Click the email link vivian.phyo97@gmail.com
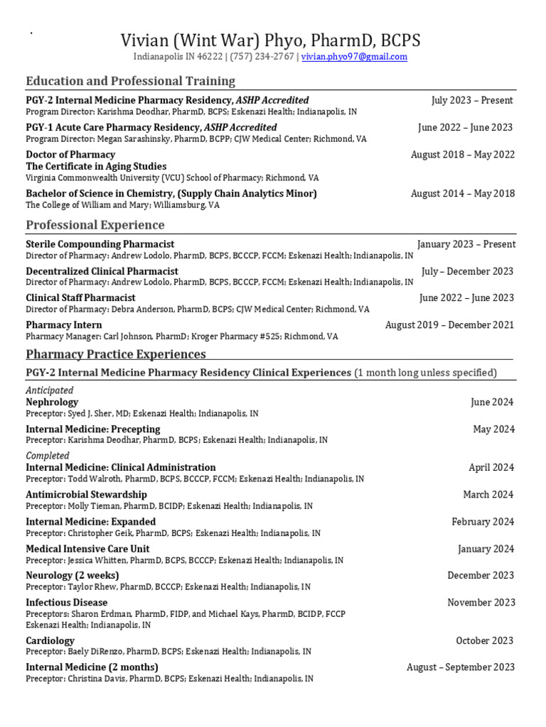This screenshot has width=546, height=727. pyautogui.click(x=354, y=58)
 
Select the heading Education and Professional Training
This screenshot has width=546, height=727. pyautogui.click(x=130, y=81)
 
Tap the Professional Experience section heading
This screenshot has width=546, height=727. pyautogui.click(x=95, y=225)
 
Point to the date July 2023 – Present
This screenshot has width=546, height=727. pyautogui.click(x=472, y=101)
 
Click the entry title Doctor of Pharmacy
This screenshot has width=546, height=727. pyautogui.click(x=70, y=155)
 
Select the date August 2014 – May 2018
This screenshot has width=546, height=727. pyautogui.click(x=463, y=194)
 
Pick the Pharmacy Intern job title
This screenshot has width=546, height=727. pyautogui.click(x=64, y=325)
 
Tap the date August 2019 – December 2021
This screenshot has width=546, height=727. pyautogui.click(x=450, y=325)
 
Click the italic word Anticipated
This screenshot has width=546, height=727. pyautogui.click(x=50, y=390)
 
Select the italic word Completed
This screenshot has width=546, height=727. pyautogui.click(x=48, y=456)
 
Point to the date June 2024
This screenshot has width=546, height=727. pyautogui.click(x=492, y=403)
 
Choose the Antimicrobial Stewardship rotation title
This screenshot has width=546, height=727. pyautogui.click(x=87, y=494)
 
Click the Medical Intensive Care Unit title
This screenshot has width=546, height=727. pyautogui.click(x=88, y=549)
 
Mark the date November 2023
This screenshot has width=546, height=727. pyautogui.click(x=481, y=603)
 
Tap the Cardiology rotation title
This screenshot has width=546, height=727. pyautogui.click(x=50, y=641)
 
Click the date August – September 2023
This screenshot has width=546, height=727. pyautogui.click(x=461, y=667)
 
